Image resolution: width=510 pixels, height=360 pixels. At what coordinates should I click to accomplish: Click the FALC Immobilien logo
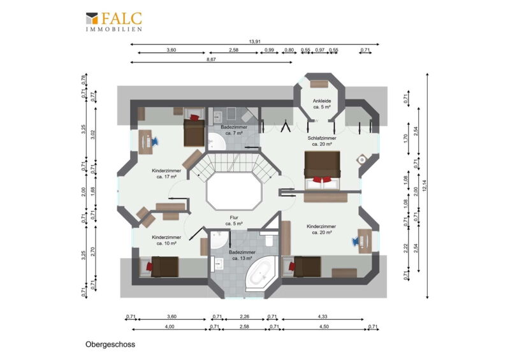pyautogui.click(x=114, y=22)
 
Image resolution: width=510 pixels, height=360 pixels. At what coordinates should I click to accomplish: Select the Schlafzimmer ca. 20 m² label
pyautogui.click(x=322, y=141)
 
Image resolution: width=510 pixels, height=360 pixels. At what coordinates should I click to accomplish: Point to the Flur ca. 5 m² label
pyautogui.click(x=234, y=220)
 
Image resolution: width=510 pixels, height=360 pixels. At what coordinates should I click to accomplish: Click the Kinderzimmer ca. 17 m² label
pyautogui.click(x=166, y=174)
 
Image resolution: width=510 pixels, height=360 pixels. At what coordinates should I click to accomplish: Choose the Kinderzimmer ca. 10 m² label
pyautogui.click(x=166, y=240)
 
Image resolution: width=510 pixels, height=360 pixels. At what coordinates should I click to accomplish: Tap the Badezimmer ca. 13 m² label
pyautogui.click(x=242, y=256)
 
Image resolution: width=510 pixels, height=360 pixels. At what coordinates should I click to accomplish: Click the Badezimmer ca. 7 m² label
pyautogui.click(x=234, y=130)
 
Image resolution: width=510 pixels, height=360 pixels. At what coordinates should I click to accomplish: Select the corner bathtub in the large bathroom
pyautogui.click(x=261, y=273)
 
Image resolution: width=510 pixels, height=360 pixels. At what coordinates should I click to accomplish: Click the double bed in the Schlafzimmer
pyautogui.click(x=323, y=170)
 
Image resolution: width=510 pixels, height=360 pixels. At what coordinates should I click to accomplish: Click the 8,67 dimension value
pyautogui.click(x=211, y=59)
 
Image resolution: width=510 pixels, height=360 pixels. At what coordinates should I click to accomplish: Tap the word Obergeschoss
pyautogui.click(x=110, y=345)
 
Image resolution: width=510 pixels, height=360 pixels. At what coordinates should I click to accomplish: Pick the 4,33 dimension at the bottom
pyautogui.click(x=323, y=316)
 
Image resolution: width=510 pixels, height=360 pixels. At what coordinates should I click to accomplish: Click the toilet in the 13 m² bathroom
pyautogui.click(x=269, y=239)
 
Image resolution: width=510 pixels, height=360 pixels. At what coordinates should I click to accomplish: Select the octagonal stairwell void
pyautogui.click(x=234, y=192)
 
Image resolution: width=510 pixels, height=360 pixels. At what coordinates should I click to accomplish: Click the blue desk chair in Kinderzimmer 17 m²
pyautogui.click(x=154, y=141)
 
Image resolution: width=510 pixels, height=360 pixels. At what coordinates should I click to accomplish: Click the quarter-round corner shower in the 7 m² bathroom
pyautogui.click(x=216, y=141)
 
